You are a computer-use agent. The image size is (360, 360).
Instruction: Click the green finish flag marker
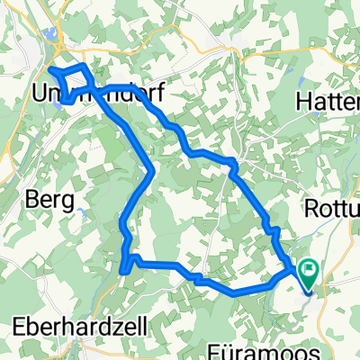click(x=310, y=268)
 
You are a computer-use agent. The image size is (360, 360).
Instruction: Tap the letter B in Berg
click(x=33, y=199)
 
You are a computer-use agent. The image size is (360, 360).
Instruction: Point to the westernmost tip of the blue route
click(x=48, y=69)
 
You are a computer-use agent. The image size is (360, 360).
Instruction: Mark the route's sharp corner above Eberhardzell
click(x=121, y=266)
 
